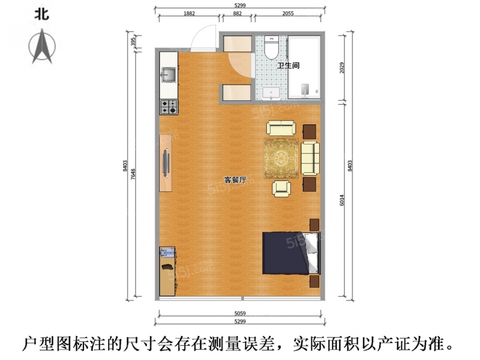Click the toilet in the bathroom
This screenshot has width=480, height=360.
point(271,47)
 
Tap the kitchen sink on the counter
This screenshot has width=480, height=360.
point(169,75)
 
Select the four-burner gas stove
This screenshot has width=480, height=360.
point(169,107)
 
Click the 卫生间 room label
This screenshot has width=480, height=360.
point(288,65)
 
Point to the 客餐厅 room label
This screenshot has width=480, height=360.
point(235,180)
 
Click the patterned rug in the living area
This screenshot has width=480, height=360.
point(281,158)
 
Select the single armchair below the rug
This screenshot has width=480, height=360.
point(281,188)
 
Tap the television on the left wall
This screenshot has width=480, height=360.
point(166,163)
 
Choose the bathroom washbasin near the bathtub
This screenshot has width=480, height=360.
point(271,93)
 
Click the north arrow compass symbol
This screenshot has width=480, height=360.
point(42,47)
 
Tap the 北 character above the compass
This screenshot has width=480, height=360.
point(41,14)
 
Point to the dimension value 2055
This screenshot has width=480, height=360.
point(288,13)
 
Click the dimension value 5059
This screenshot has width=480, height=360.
point(240,313)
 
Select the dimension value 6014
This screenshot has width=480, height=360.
point(342,200)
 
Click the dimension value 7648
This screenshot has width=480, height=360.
point(133,174)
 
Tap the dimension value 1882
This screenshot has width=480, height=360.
point(189,13)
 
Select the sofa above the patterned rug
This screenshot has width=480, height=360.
point(281,128)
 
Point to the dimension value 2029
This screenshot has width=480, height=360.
point(342,68)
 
